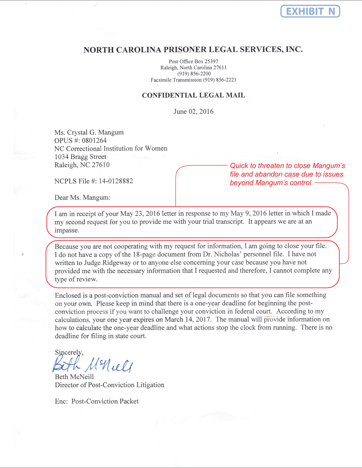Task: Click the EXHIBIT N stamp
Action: tap(310, 11)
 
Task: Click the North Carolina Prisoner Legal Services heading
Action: tap(193, 49)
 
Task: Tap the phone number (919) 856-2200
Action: tap(193, 74)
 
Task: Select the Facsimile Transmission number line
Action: tap(193, 80)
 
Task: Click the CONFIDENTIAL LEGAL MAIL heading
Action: tap(193, 95)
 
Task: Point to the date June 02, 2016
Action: tap(193, 111)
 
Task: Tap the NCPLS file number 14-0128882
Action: tap(112, 181)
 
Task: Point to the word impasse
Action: tap(67, 230)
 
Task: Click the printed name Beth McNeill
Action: tap(74, 377)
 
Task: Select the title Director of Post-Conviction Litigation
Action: tap(109, 385)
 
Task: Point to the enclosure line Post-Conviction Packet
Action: tap(105, 401)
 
